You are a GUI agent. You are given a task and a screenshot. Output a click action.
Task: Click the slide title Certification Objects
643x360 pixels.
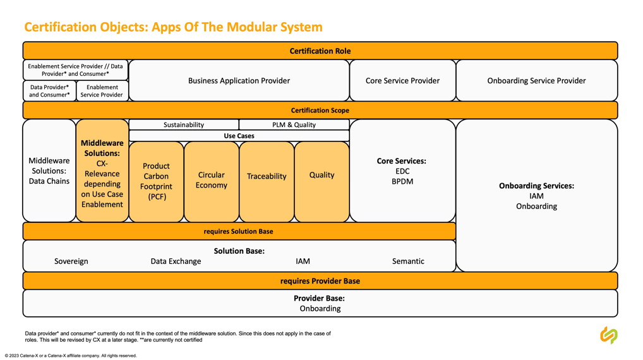tap(173, 27)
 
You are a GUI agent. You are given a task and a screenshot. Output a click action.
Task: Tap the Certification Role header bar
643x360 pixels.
tap(320, 51)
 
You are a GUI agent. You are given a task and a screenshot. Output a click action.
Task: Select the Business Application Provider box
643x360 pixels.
tap(239, 81)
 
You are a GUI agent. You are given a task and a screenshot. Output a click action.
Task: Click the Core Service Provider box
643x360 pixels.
tap(403, 81)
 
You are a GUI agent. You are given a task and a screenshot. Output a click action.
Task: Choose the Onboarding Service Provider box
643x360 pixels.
tap(537, 81)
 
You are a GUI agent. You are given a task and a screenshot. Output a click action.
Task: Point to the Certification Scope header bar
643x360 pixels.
tap(320, 111)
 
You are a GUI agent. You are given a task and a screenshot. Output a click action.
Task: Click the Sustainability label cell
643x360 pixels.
tap(184, 124)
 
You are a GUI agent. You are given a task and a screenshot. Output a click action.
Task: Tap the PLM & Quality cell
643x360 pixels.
tap(294, 124)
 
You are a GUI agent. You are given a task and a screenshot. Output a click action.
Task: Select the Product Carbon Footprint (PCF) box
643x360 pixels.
tap(156, 182)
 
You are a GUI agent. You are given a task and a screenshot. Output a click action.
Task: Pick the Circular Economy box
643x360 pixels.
tap(212, 182)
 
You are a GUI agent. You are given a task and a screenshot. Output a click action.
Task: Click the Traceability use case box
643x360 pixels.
tap(267, 182)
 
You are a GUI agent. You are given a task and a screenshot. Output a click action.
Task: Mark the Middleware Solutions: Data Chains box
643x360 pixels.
tap(49, 171)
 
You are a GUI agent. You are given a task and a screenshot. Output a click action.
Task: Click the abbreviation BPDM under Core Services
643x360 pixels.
tap(402, 182)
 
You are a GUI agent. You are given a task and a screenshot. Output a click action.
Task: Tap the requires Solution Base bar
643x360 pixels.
tap(239, 231)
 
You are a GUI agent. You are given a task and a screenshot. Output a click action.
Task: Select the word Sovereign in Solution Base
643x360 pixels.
tap(71, 261)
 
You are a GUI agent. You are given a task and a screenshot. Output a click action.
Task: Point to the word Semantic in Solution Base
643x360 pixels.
tap(408, 261)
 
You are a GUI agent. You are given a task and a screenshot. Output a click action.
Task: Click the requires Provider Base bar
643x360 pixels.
tap(320, 281)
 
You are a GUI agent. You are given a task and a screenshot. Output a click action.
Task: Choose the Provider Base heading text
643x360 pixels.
tap(319, 299)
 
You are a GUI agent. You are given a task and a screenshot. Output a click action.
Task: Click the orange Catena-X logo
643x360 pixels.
tap(609, 335)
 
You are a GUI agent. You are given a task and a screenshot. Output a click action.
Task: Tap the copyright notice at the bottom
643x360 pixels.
tap(71, 356)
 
